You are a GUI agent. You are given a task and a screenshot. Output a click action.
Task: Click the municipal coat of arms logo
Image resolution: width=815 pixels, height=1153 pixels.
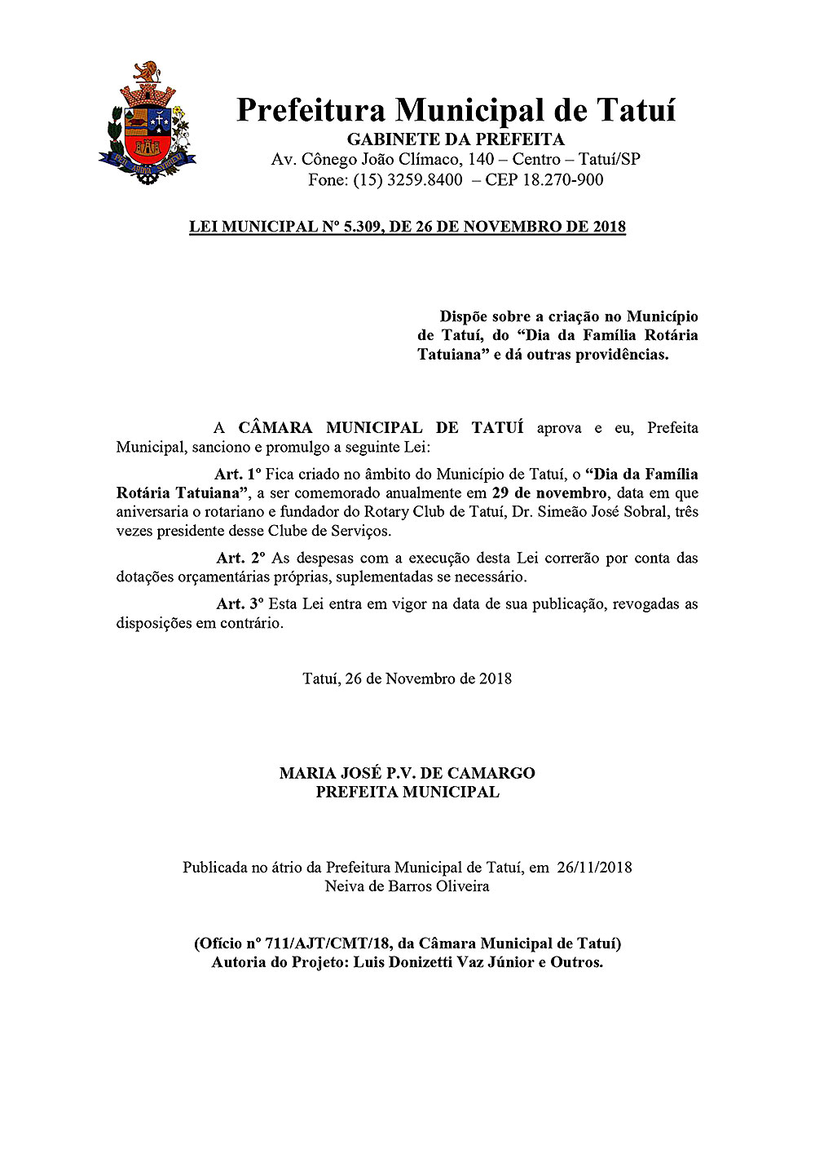(x=148, y=122)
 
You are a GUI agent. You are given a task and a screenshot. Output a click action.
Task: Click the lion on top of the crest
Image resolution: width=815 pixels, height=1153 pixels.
(x=148, y=73)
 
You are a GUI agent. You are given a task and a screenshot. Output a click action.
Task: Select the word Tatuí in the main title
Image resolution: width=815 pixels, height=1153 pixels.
(x=636, y=109)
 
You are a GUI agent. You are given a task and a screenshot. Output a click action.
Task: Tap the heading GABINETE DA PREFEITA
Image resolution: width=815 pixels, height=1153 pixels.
(x=456, y=139)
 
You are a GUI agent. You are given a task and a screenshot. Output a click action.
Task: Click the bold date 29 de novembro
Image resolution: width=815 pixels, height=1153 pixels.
(x=549, y=493)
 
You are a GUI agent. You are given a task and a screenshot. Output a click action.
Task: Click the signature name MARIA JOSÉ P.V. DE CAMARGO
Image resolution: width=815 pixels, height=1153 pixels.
(x=407, y=772)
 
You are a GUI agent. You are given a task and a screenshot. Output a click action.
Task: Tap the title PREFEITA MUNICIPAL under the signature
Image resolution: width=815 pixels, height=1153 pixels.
(x=407, y=792)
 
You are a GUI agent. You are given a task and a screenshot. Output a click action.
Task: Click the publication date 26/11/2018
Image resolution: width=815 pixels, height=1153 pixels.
(x=594, y=867)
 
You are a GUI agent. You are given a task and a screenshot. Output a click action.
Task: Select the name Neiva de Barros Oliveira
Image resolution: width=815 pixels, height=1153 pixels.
(x=407, y=886)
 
